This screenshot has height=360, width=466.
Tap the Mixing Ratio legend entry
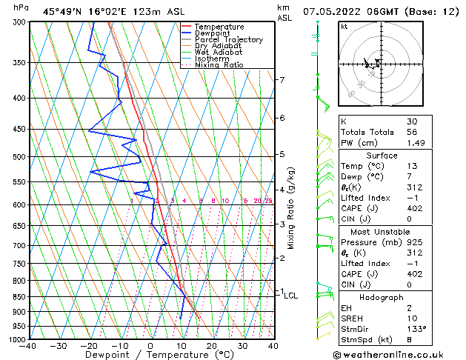tap(219, 65)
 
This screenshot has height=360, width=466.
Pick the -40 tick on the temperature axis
tap(28, 346)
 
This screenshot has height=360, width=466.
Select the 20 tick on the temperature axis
tap(211, 346)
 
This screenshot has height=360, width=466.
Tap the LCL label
tap(291, 296)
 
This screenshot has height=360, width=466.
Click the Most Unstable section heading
tap(382, 230)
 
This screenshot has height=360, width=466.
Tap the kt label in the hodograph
tap(344, 27)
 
